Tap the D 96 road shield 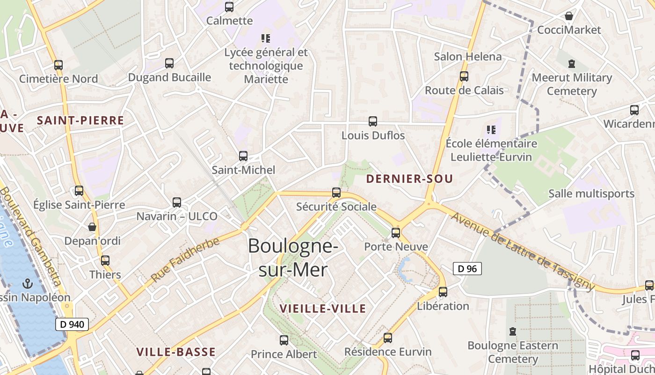[467, 269]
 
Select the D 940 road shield [72, 324]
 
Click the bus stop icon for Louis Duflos [373, 121]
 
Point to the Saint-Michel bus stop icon [243, 156]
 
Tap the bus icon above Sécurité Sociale [336, 192]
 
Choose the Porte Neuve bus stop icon [396, 232]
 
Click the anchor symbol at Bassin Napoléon [28, 283]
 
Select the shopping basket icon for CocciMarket [569, 16]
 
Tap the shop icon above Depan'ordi [92, 227]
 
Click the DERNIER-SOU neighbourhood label [409, 179]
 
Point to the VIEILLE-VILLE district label [322, 308]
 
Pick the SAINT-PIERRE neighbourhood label [80, 120]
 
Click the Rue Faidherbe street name [185, 260]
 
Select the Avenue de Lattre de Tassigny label [522, 251]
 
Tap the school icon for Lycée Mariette [266, 38]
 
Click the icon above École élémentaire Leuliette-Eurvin [491, 129]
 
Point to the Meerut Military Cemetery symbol [571, 63]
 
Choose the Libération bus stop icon [443, 292]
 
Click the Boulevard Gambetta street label [31, 237]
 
